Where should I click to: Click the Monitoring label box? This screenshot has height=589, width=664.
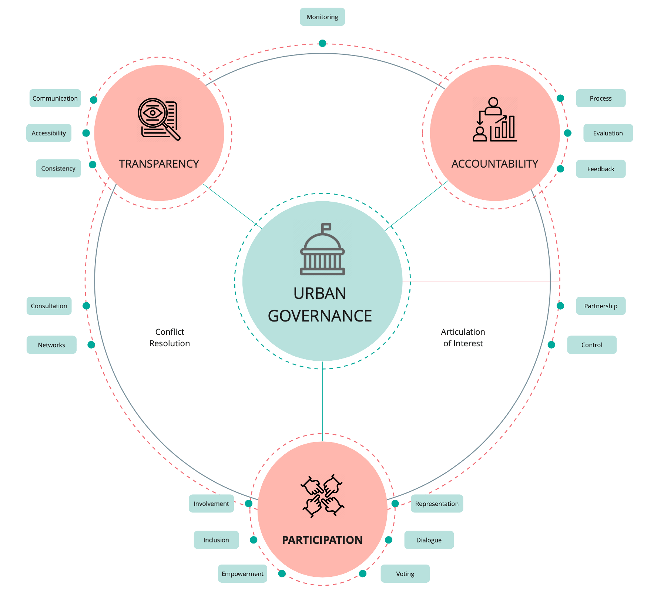tap(322, 17)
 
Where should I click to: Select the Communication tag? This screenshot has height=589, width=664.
tap(55, 98)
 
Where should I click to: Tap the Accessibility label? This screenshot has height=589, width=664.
tap(49, 133)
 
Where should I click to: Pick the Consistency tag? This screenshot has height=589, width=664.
tap(58, 168)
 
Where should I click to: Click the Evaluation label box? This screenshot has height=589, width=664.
tap(608, 133)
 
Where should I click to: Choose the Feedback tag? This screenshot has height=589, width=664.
tap(600, 169)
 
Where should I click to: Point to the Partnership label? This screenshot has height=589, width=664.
tap(600, 306)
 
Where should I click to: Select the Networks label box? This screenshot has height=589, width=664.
tap(51, 345)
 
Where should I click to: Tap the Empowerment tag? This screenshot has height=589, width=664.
tap(242, 574)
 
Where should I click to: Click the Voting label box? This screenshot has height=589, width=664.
tap(405, 574)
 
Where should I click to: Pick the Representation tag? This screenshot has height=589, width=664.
tap(437, 504)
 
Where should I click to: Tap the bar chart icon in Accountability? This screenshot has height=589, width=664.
tap(504, 128)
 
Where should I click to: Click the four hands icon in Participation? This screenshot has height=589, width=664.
tap(322, 496)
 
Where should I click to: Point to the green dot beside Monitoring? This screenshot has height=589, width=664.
tap(322, 43)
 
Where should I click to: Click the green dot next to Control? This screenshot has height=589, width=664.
tap(551, 345)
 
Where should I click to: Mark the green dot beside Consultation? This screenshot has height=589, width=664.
tap(86, 306)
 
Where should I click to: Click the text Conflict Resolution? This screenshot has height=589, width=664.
tap(170, 337)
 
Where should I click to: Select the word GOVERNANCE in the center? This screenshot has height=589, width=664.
tap(320, 316)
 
